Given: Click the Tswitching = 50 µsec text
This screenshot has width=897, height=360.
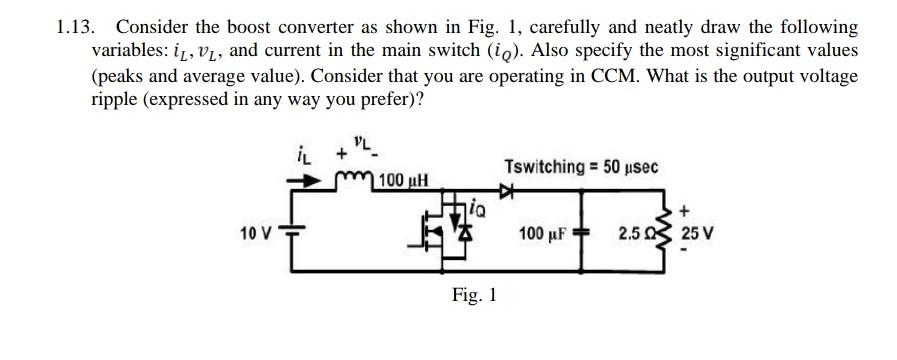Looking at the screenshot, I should (581, 166).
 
